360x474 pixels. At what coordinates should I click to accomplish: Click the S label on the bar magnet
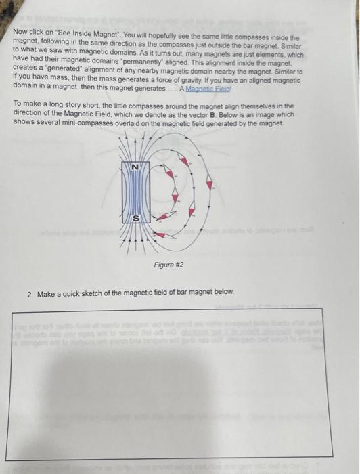point(135,217)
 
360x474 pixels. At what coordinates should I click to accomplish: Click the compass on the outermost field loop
point(210,184)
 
